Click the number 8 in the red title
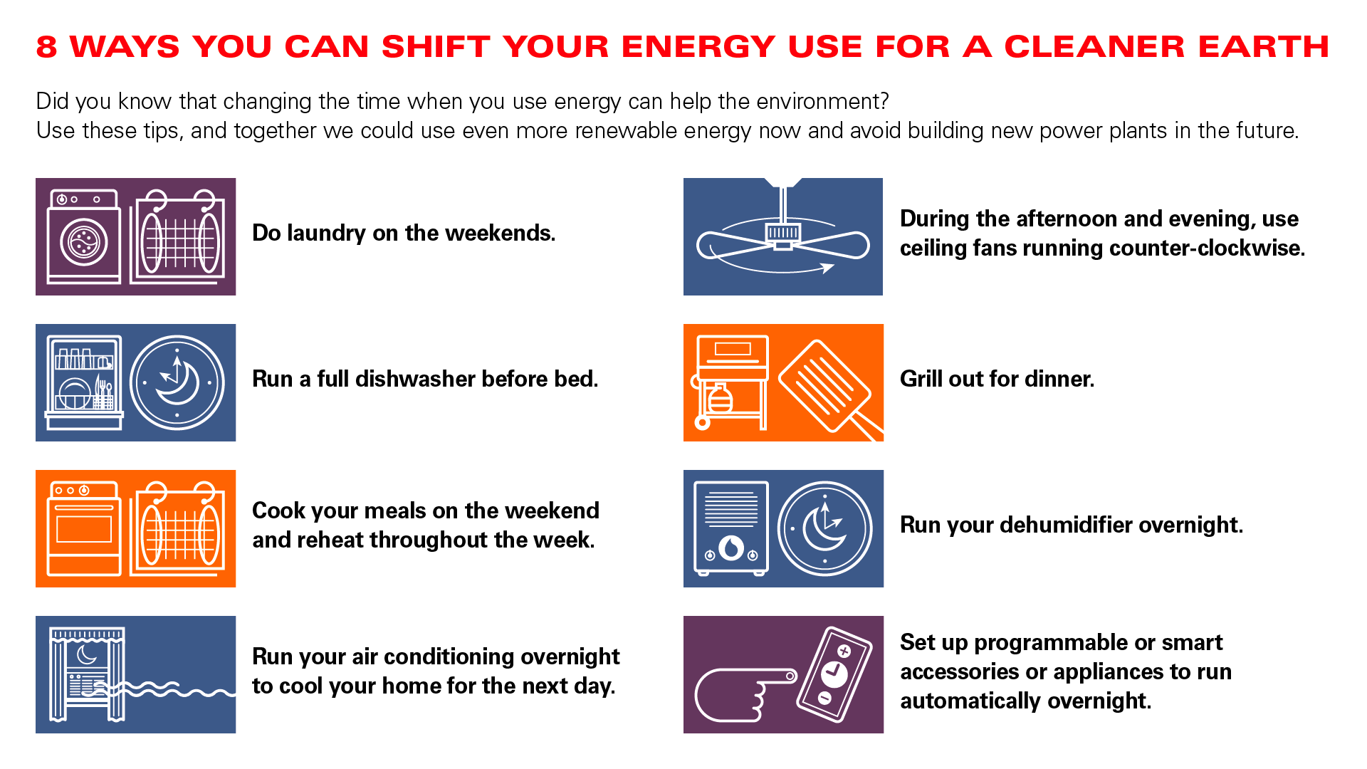pos(46,47)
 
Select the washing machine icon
pos(84,236)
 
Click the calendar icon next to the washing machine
pos(178,236)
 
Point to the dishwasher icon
pos(84,382)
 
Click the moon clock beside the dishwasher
pos(177,382)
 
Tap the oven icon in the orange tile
pos(84,528)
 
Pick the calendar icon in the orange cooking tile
pos(178,528)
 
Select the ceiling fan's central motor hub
pos(782,235)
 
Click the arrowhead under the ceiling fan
pos(827,268)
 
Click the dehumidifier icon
pos(731,528)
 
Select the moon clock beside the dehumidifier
pos(824,528)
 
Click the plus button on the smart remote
pos(844,651)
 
